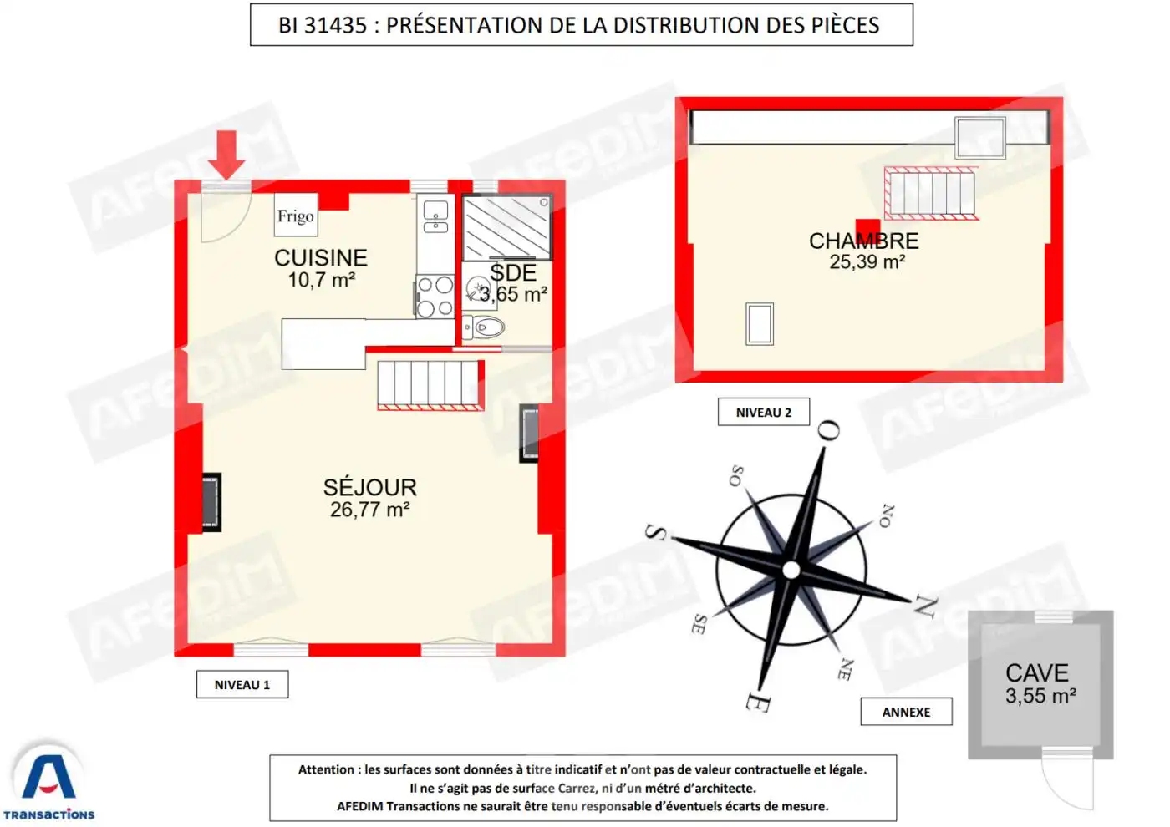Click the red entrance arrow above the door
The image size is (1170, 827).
click(226, 154)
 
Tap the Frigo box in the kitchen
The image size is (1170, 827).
click(295, 216)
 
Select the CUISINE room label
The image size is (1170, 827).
click(321, 257)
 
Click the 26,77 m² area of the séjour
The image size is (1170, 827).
click(369, 510)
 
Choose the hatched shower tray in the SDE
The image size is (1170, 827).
click(506, 227)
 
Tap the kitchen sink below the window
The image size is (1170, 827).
click(435, 216)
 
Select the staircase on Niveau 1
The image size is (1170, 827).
click(430, 384)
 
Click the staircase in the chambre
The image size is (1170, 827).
click(931, 193)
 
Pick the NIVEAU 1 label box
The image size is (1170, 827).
click(242, 685)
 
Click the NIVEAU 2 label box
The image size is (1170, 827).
click(764, 413)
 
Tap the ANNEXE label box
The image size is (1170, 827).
click(906, 713)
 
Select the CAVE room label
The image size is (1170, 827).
click(1037, 672)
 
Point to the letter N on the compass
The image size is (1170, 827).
click(924, 606)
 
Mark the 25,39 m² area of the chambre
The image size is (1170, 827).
click(867, 262)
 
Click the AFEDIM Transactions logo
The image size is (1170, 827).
click(48, 782)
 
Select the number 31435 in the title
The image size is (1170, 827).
click(335, 26)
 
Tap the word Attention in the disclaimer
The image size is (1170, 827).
click(326, 770)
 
